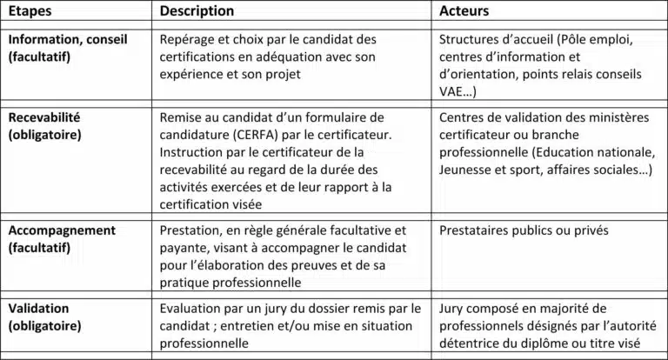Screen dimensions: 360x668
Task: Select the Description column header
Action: tap(197, 11)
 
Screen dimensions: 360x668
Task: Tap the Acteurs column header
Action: tap(464, 11)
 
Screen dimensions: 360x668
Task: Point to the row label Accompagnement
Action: tap(62, 230)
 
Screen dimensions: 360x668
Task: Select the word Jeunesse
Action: tap(468, 170)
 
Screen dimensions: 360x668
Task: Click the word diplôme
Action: tap(569, 343)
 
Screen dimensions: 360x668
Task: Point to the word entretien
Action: tap(248, 326)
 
